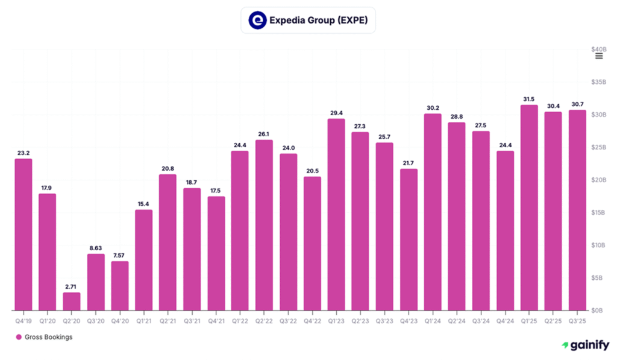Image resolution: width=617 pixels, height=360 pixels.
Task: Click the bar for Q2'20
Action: (x=72, y=301)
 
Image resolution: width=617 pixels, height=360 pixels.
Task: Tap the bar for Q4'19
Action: (x=23, y=235)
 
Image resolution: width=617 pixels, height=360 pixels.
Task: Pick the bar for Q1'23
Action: (x=336, y=214)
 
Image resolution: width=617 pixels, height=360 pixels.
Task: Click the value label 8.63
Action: (x=96, y=247)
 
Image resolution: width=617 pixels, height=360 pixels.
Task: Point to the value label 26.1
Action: (x=264, y=134)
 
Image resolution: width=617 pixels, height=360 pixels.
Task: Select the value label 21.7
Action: (x=409, y=162)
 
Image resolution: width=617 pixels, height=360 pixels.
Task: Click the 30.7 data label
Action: (x=577, y=104)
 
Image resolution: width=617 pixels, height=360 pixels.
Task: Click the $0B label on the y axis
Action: (x=599, y=311)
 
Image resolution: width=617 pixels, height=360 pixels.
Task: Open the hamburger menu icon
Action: (x=599, y=56)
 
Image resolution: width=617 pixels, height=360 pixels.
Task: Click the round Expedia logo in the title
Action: (x=257, y=21)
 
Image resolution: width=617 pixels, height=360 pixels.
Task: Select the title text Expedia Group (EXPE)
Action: (x=318, y=21)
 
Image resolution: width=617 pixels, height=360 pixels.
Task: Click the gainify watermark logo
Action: (x=586, y=345)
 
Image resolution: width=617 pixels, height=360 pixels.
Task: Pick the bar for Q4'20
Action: (x=120, y=286)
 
